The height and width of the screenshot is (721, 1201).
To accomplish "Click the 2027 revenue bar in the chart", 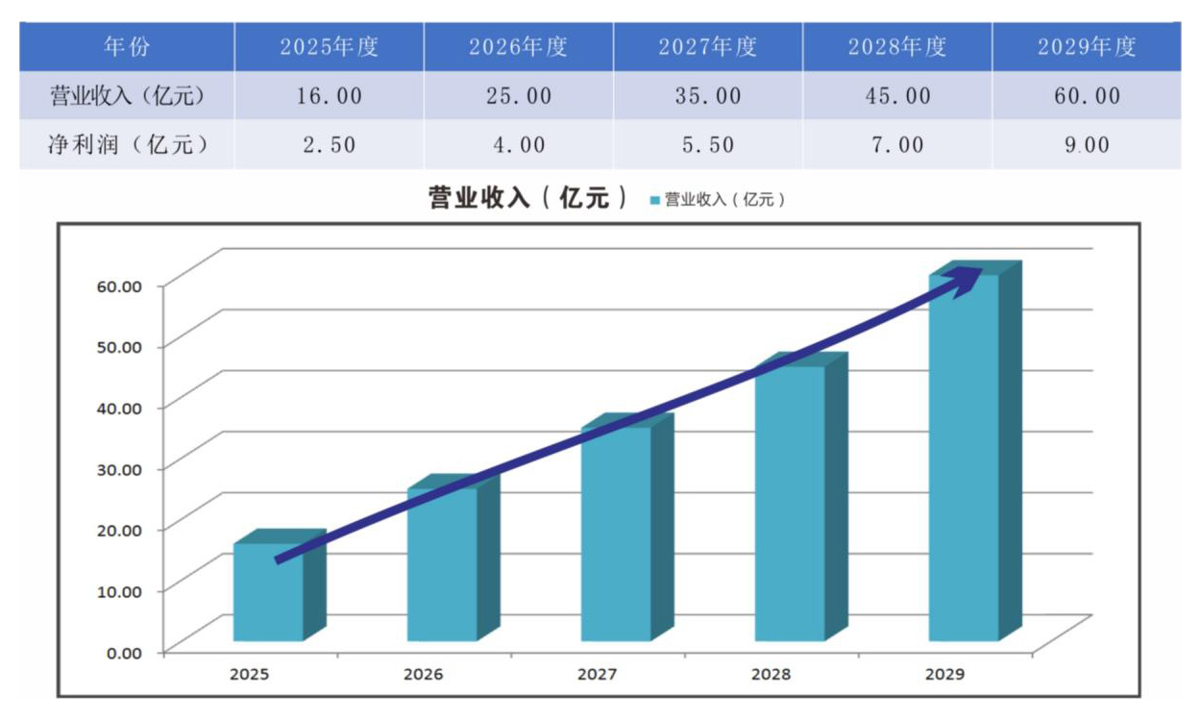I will point(616,538).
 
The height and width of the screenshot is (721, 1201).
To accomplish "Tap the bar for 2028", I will point(790,510).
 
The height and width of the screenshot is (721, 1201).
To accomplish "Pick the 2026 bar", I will point(442,567).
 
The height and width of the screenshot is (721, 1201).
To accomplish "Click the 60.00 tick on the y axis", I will point(120,286).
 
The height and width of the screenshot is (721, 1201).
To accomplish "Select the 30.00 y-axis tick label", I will point(120,468).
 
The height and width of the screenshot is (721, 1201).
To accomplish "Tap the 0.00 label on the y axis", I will point(124,652).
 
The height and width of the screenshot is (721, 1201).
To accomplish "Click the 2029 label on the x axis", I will point(945,674).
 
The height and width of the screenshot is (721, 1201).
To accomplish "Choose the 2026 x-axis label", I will point(424,674).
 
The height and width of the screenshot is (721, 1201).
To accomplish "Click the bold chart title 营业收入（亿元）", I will point(528,199).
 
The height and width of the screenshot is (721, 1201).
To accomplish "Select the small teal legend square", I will point(655,200).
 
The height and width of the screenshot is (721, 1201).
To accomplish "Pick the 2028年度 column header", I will point(896,47).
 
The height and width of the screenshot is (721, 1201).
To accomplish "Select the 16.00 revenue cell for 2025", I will point(329,96).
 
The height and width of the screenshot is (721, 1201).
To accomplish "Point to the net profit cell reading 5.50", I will point(707,145).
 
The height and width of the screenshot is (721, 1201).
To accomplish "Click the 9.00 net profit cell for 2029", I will point(1086,145).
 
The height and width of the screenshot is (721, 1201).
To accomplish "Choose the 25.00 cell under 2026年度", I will point(518,96).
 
